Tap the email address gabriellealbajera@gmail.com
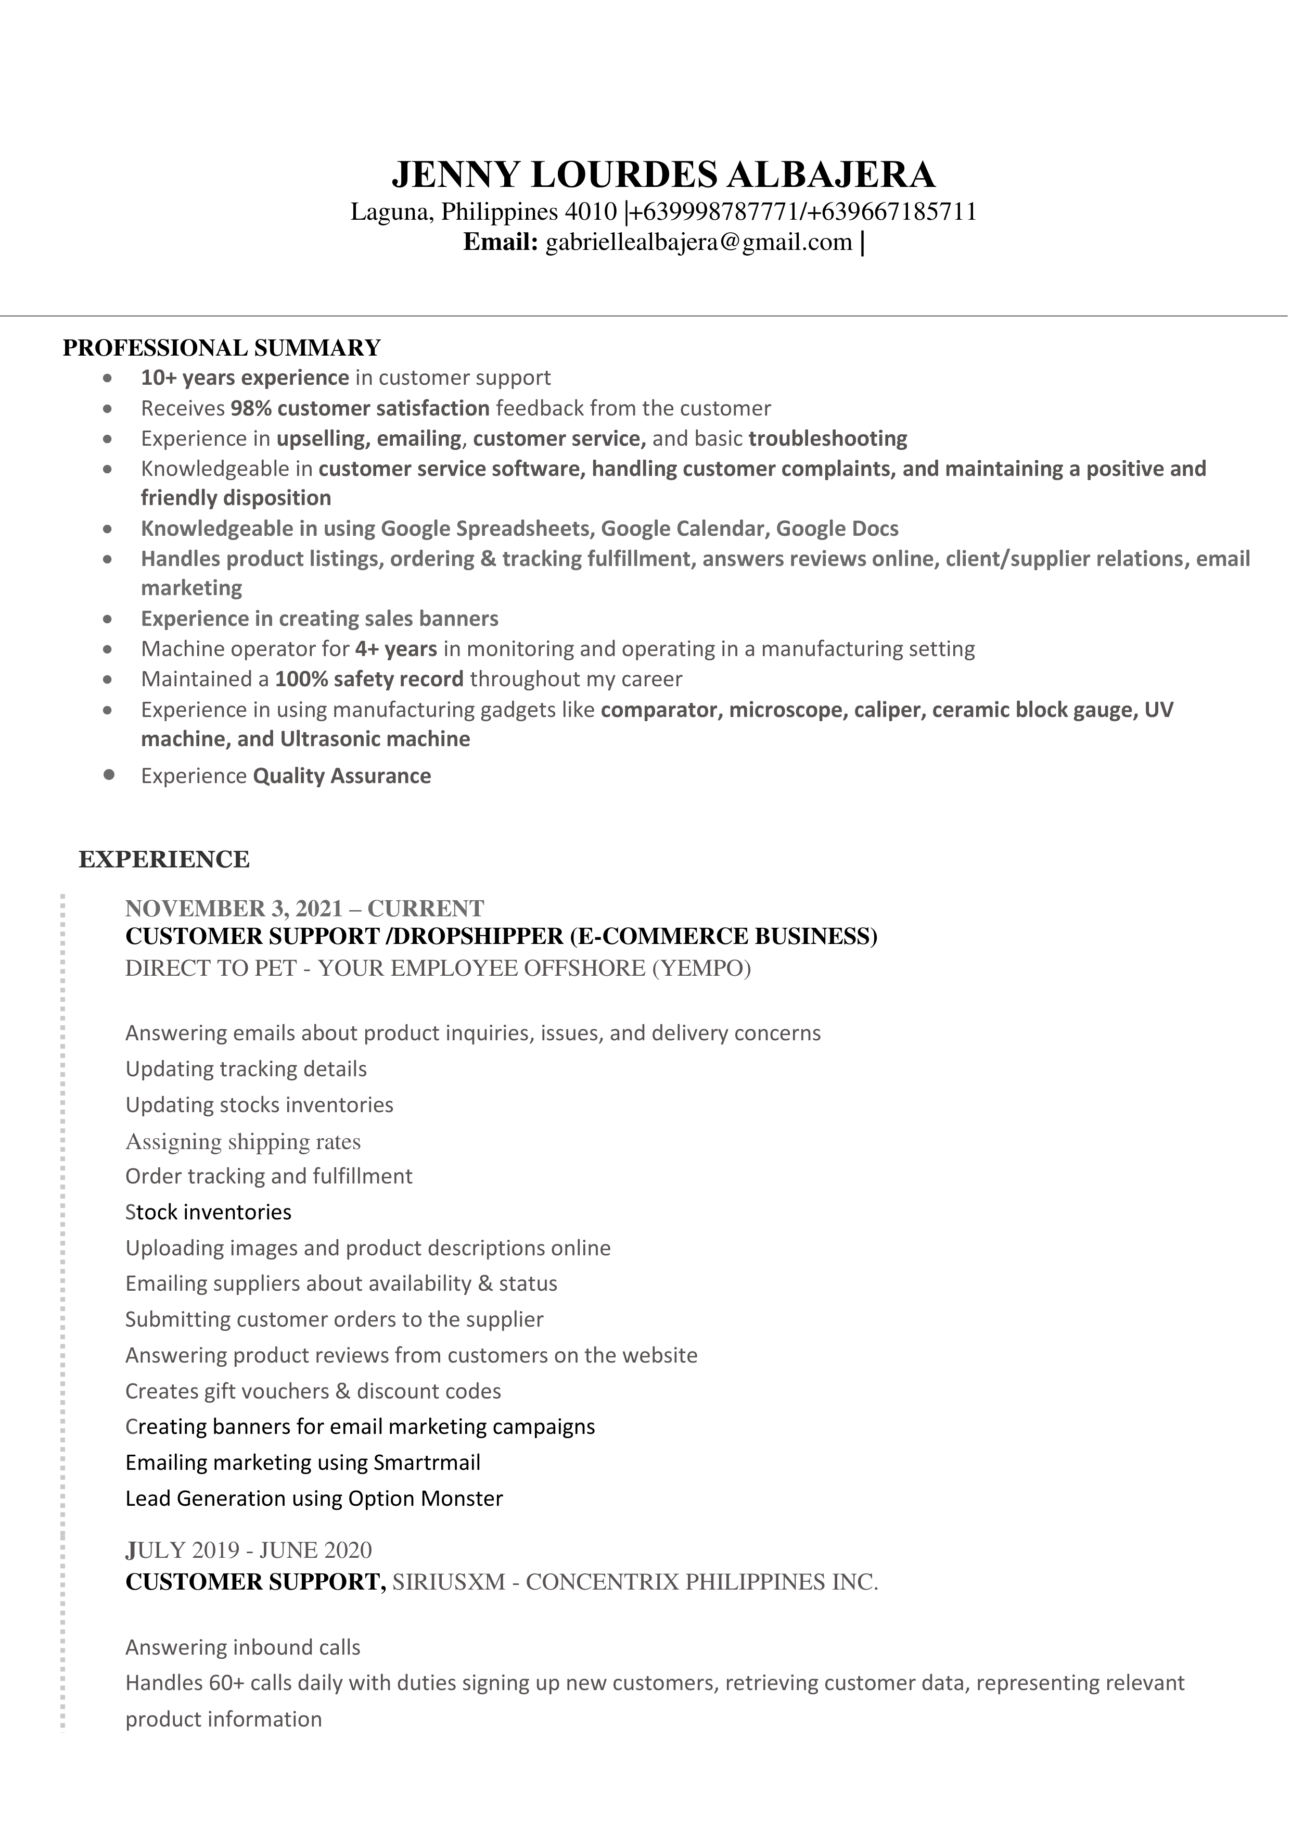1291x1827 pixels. [698, 242]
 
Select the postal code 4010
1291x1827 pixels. [590, 212]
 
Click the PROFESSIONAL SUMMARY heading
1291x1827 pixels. [222, 348]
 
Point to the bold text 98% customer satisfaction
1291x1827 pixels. [360, 408]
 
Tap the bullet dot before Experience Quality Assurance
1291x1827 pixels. [109, 774]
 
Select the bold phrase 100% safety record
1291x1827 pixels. [369, 679]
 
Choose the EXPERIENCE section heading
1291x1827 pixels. [164, 860]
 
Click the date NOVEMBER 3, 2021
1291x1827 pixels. [234, 909]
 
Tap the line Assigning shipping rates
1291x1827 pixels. [242, 1142]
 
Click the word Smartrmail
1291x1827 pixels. [426, 1463]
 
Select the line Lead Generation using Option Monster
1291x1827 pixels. [314, 1498]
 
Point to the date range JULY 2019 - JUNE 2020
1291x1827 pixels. [248, 1550]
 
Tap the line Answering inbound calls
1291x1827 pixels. [242, 1647]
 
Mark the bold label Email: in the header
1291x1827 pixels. [501, 242]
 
